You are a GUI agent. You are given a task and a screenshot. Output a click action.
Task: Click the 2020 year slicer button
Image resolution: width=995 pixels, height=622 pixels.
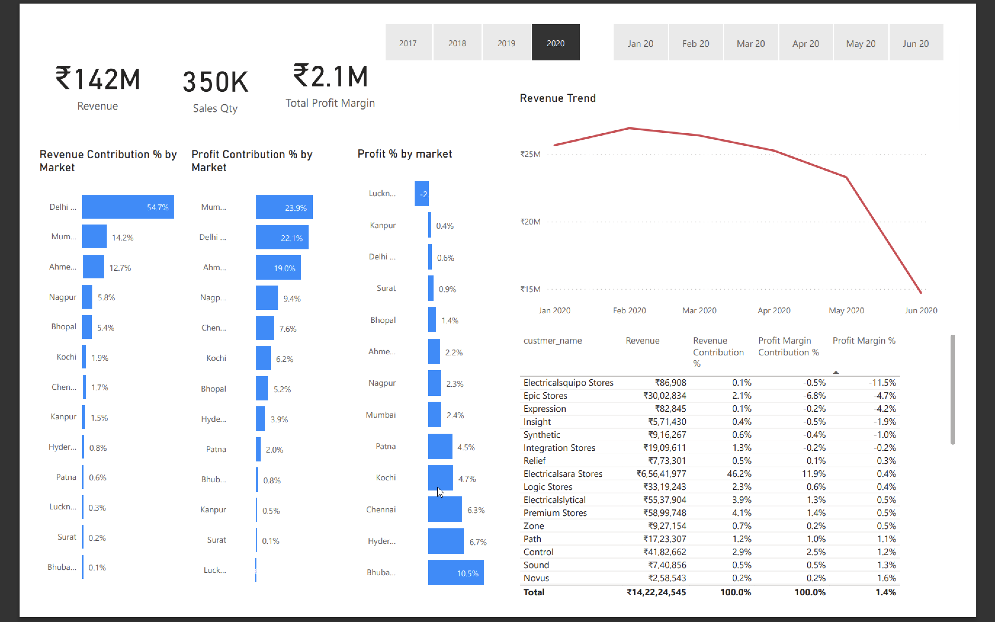(556, 43)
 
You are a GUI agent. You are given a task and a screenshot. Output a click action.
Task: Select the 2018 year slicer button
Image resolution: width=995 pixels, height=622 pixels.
(457, 43)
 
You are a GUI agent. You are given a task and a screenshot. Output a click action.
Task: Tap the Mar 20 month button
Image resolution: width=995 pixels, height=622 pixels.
(750, 43)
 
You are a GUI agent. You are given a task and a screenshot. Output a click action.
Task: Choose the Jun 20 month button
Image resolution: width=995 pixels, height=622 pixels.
(916, 43)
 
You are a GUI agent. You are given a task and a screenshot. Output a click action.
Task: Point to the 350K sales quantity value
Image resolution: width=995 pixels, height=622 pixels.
(216, 81)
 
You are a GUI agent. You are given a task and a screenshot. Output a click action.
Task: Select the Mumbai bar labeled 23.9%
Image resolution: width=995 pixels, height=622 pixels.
(284, 207)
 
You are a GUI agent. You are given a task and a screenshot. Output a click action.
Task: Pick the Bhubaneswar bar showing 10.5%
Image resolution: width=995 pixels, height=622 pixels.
(455, 572)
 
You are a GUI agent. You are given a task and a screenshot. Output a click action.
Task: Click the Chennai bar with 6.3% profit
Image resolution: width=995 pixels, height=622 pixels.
(444, 509)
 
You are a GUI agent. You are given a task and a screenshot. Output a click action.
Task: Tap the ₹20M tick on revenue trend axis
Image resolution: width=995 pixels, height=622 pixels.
(530, 222)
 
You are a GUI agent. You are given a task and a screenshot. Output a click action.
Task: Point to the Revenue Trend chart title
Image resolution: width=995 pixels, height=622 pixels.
(558, 98)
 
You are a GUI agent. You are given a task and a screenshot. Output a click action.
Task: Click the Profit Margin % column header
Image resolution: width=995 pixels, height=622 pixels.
(864, 341)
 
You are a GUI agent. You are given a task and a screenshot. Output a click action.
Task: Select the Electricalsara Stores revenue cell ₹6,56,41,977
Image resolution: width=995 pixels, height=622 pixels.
(661, 474)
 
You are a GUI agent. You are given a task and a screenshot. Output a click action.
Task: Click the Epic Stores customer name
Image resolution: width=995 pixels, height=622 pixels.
(545, 395)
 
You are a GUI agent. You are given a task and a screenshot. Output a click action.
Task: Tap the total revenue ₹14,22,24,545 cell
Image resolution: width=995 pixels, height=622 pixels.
(656, 592)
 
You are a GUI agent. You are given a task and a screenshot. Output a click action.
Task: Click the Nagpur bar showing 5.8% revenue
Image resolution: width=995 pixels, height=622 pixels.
(87, 296)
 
